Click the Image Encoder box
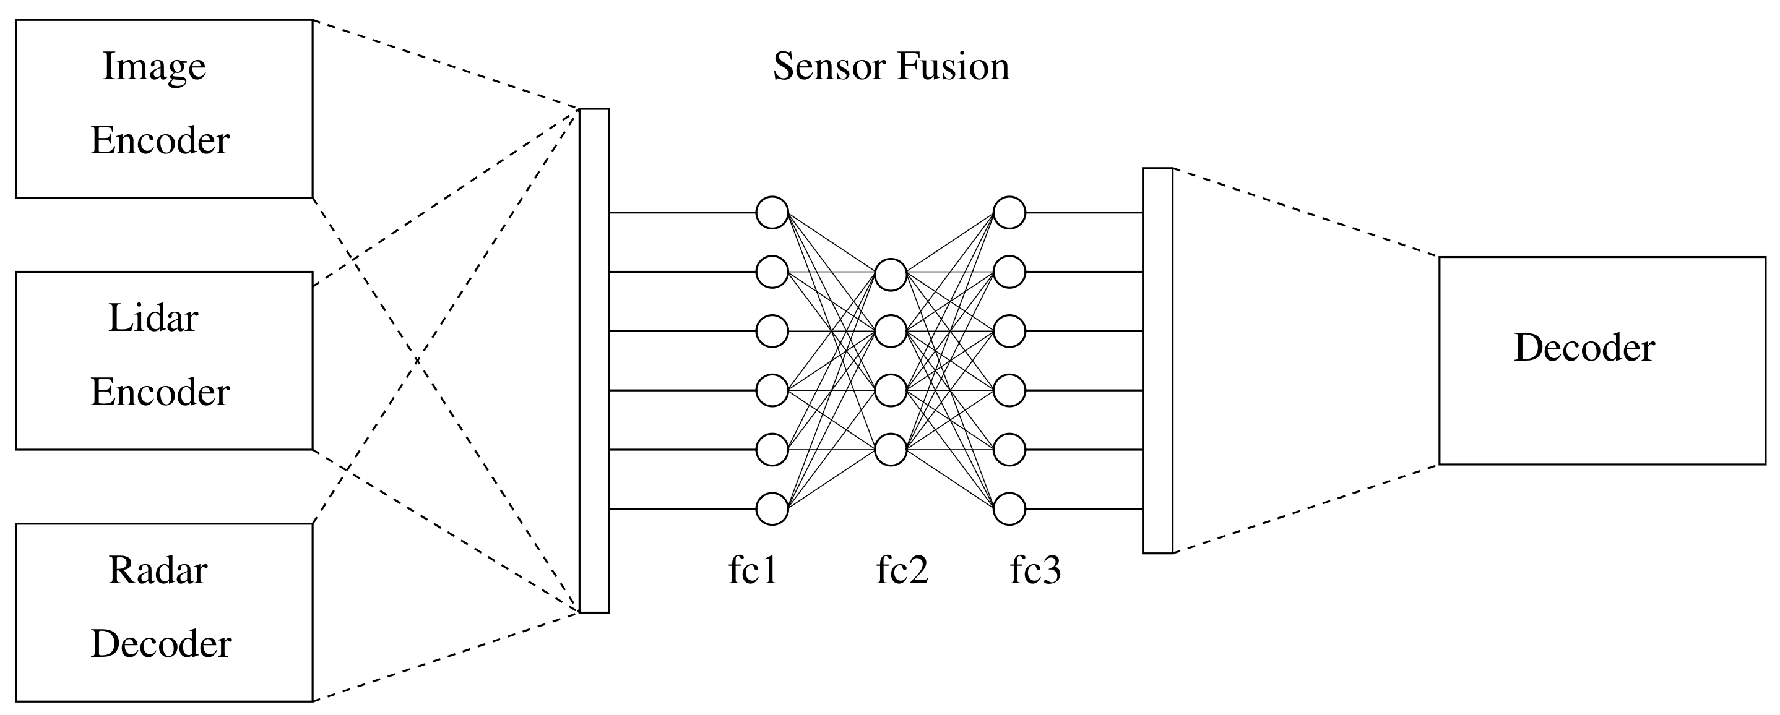(x=165, y=108)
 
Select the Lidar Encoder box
(x=165, y=361)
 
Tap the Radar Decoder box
(x=165, y=612)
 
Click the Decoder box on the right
(x=1602, y=361)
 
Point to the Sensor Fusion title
(x=891, y=66)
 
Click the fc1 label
(x=753, y=571)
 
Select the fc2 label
(x=902, y=571)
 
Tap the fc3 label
(x=1034, y=571)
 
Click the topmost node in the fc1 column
(x=772, y=213)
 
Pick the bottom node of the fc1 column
(x=772, y=509)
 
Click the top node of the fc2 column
(x=891, y=274)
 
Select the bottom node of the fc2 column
(x=891, y=450)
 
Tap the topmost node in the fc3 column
(x=1009, y=213)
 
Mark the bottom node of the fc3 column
(x=1009, y=509)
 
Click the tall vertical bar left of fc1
(x=594, y=361)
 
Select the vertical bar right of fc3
(x=1157, y=361)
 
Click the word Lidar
(x=153, y=319)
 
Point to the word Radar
(x=158, y=571)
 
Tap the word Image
(x=154, y=66)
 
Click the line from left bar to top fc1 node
(x=681, y=213)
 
